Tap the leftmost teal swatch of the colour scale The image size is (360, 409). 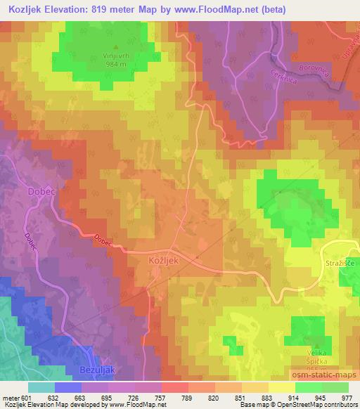41,387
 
